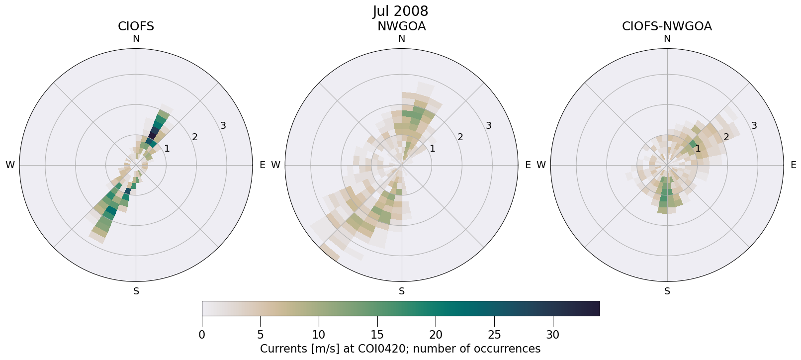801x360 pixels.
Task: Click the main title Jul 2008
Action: (400, 11)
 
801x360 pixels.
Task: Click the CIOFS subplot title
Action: (136, 26)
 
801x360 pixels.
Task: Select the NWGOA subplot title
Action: (401, 26)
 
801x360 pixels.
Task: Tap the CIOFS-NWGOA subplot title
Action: (667, 26)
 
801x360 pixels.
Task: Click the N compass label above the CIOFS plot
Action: (136, 39)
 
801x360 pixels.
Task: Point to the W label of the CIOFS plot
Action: (10, 165)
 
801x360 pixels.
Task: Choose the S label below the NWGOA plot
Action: (402, 291)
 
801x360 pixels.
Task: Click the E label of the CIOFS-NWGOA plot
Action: (793, 165)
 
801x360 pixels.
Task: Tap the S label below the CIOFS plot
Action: (136, 291)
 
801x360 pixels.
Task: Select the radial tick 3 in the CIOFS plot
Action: (223, 126)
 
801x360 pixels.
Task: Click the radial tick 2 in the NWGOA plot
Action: (460, 137)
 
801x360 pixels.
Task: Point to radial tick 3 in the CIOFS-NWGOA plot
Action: (754, 126)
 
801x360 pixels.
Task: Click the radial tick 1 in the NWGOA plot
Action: (433, 148)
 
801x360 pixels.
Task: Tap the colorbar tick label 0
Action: (202, 335)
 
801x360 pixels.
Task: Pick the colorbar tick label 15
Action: (377, 335)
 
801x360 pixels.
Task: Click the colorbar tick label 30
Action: (553, 335)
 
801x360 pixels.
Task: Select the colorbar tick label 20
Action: (436, 335)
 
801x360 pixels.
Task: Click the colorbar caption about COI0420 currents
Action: (400, 349)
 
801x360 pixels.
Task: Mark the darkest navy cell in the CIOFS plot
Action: (154, 133)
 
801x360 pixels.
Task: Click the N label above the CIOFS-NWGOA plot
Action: (667, 39)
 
